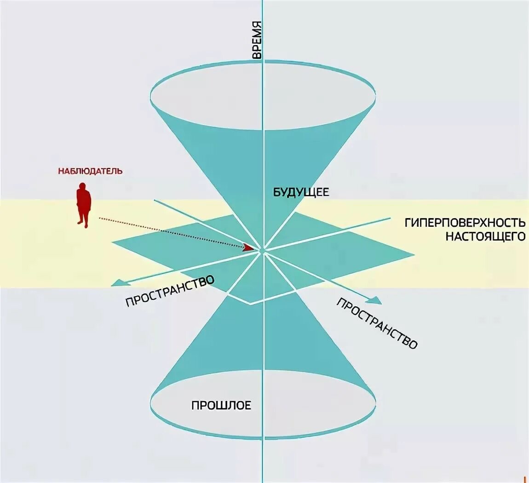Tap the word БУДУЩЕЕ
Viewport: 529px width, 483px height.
pyautogui.click(x=301, y=192)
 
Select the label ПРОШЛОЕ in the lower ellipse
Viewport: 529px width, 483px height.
pyautogui.click(x=221, y=405)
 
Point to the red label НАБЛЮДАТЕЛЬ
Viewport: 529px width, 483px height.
pyautogui.click(x=90, y=171)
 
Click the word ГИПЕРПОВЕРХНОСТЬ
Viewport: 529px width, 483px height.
pyautogui.click(x=465, y=223)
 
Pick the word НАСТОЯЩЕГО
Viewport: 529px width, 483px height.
pyautogui.click(x=485, y=236)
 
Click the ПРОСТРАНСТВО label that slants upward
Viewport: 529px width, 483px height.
pyautogui.click(x=170, y=291)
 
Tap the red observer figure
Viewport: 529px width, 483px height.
pyautogui.click(x=83, y=205)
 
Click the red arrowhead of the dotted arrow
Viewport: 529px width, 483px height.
pyautogui.click(x=249, y=247)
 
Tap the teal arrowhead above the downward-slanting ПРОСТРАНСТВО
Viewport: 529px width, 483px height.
pyautogui.click(x=375, y=301)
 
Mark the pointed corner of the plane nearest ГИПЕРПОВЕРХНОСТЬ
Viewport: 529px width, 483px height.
pyautogui.click(x=412, y=254)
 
